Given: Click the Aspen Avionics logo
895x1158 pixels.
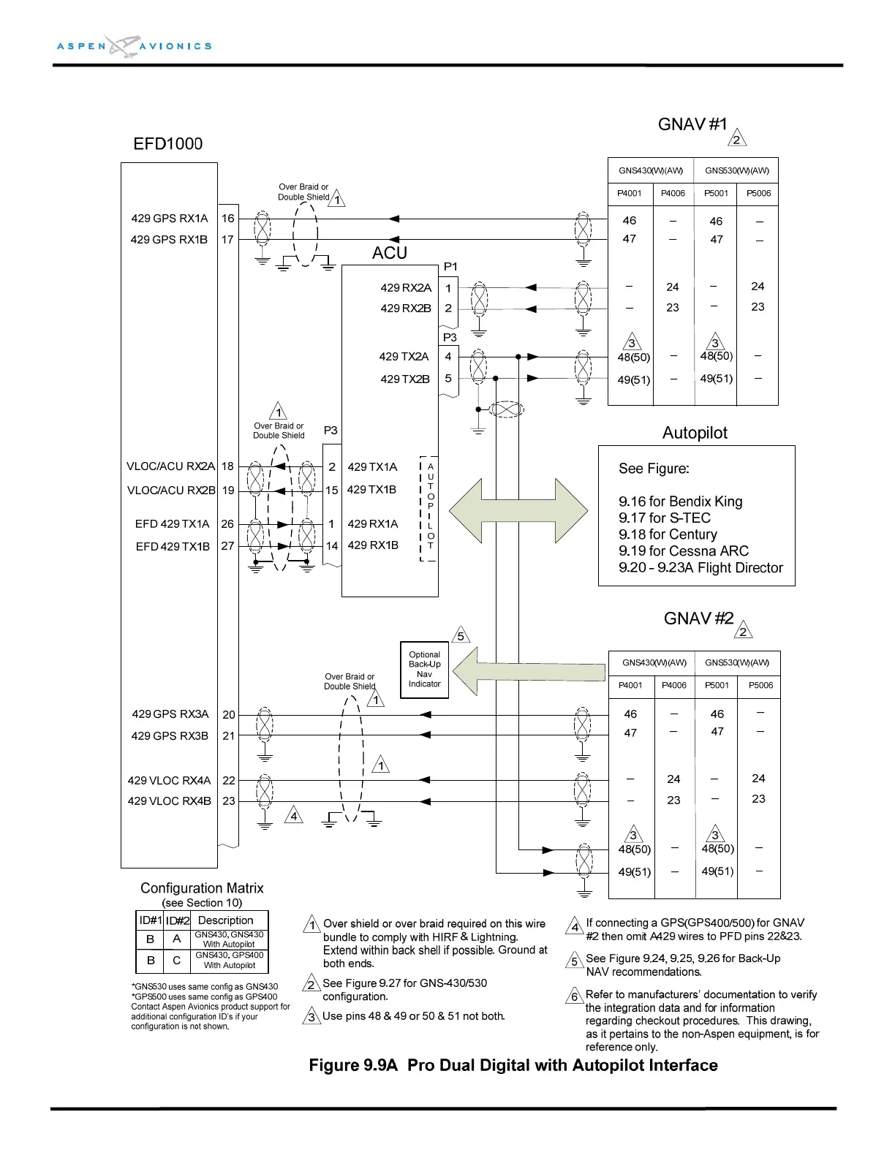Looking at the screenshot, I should (x=135, y=45).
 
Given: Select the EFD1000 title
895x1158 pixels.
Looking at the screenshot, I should (x=167, y=143).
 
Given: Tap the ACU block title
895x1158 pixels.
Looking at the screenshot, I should (x=389, y=253).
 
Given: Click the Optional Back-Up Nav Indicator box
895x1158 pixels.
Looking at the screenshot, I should (x=424, y=670).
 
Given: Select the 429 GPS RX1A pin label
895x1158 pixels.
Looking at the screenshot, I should (x=169, y=218).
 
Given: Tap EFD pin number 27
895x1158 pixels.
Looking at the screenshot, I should (x=228, y=546).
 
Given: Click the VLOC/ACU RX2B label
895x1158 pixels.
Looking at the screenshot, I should (x=171, y=490).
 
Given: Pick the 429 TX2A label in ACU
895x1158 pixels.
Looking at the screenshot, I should (x=404, y=357).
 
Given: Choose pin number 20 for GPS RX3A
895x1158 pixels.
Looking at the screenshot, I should (x=229, y=715).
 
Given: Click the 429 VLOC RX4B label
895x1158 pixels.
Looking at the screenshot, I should (x=169, y=801).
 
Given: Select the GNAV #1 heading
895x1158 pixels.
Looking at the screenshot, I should (x=692, y=124).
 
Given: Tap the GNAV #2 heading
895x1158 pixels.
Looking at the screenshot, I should (x=698, y=618).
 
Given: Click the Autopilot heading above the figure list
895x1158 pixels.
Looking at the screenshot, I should (x=695, y=433).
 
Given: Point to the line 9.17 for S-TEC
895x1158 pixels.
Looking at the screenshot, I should (x=665, y=518).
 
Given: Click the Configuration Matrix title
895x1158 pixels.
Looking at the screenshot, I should (x=202, y=888).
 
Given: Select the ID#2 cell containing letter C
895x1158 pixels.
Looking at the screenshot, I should (x=176, y=960).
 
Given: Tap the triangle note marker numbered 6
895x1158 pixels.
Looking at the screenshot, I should (x=575, y=996).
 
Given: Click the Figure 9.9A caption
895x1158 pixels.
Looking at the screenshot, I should (x=513, y=1065).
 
